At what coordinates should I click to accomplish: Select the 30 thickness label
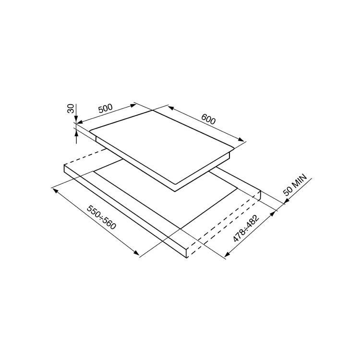click(71, 108)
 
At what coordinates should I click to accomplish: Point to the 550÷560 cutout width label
click(101, 217)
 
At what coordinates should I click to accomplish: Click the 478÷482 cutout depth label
click(246, 228)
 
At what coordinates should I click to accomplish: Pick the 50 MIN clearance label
click(295, 185)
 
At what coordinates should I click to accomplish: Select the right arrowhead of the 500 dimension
click(133, 106)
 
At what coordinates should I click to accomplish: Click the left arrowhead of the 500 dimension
click(80, 122)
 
